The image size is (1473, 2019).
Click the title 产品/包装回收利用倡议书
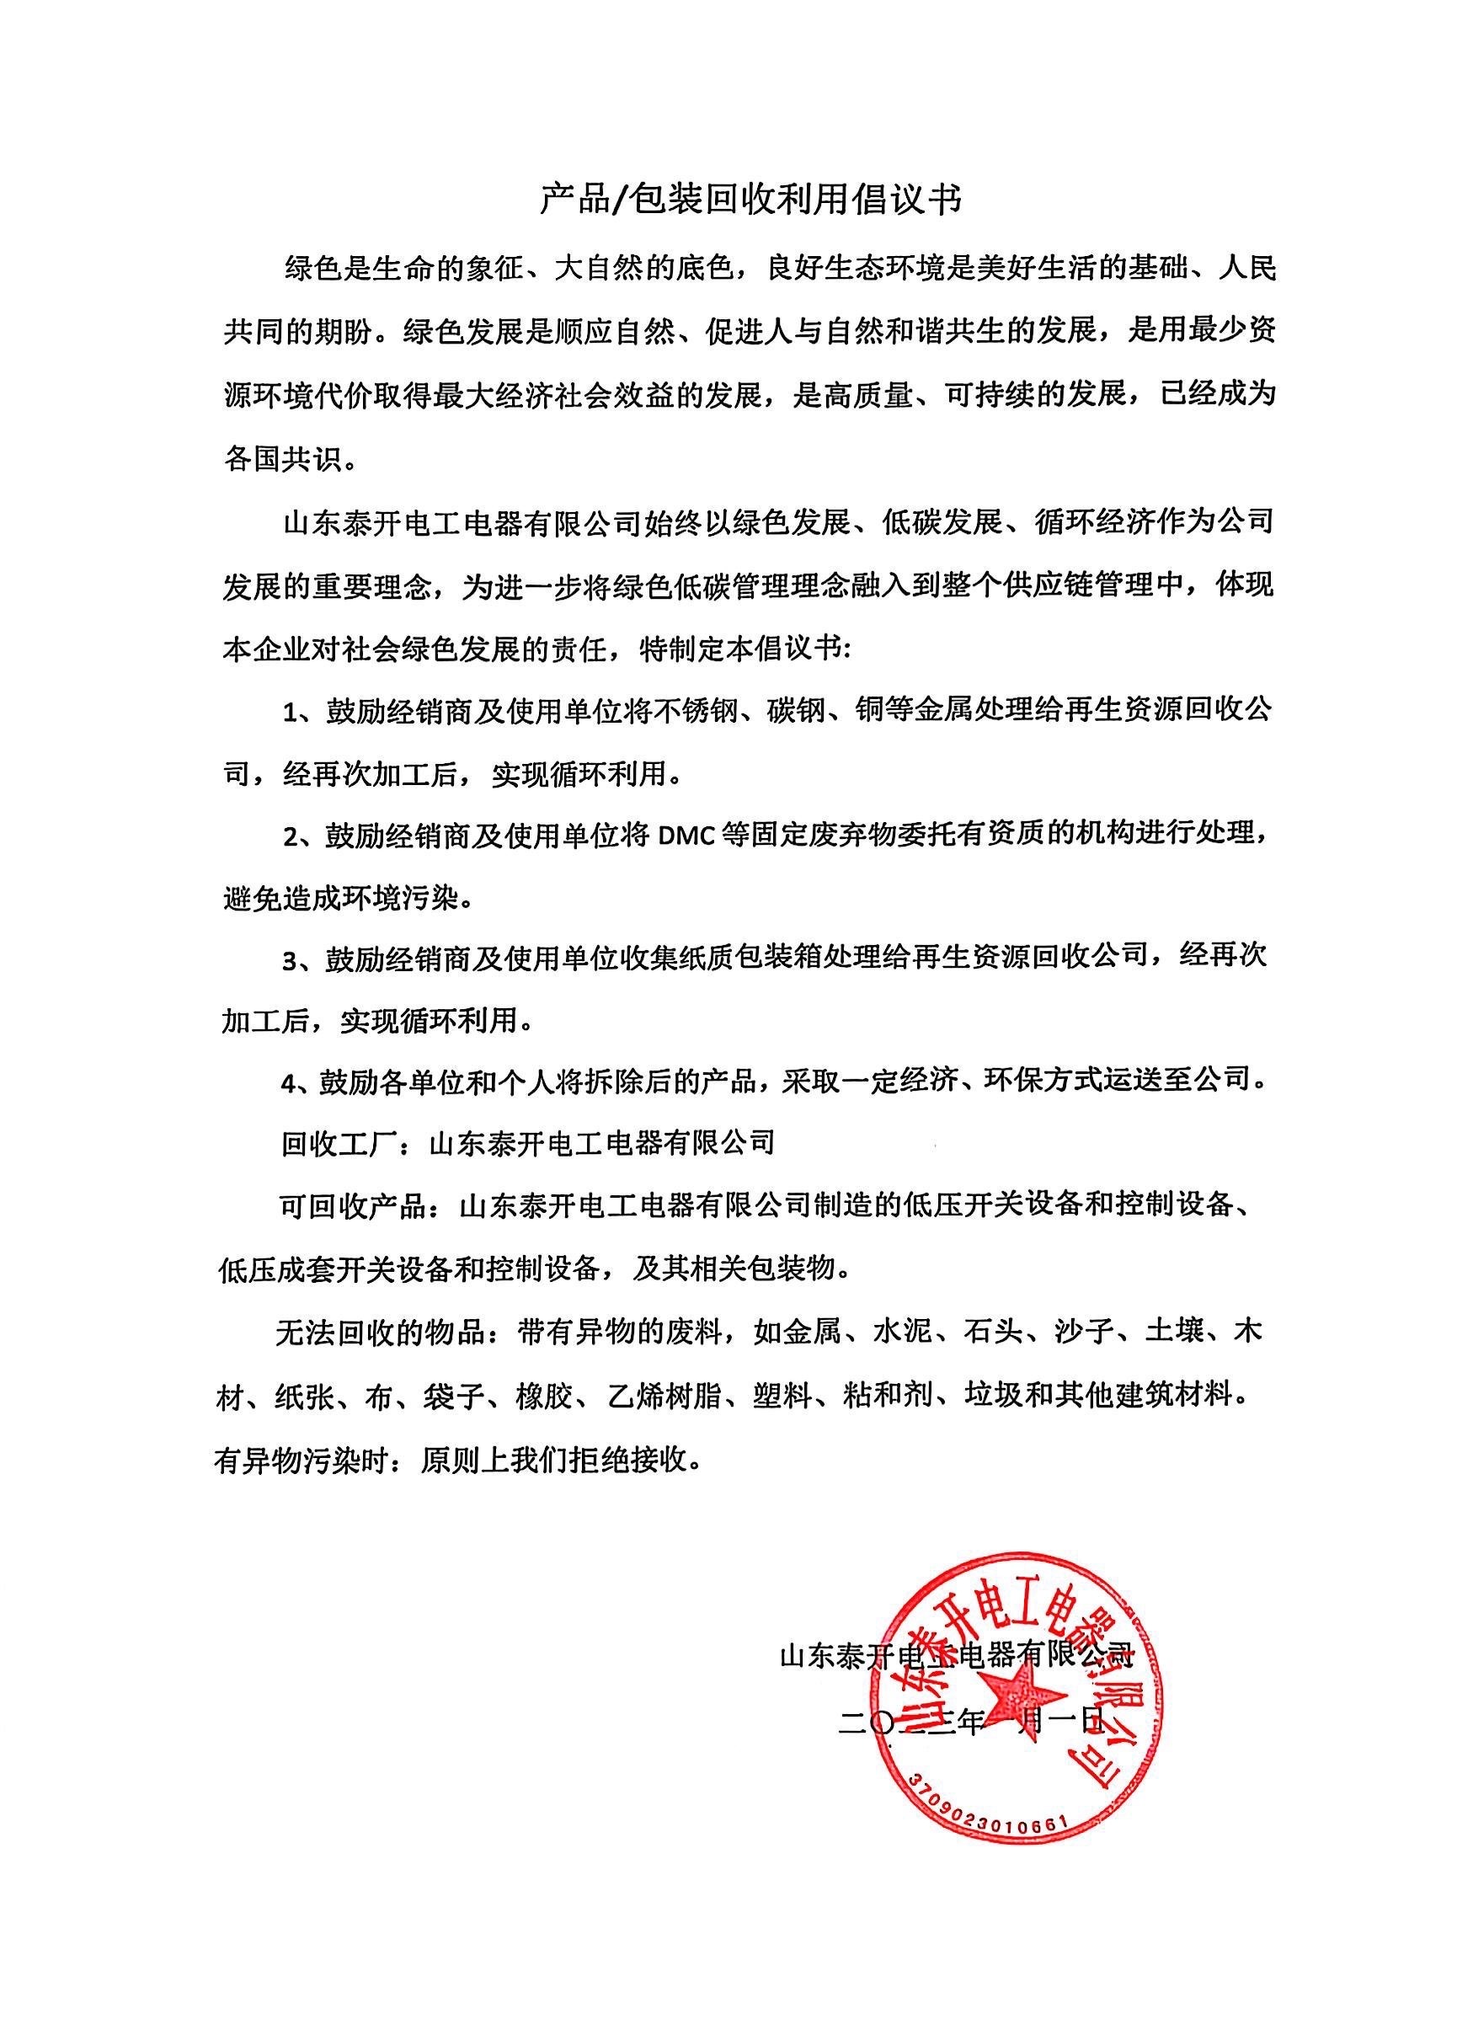tap(750, 200)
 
